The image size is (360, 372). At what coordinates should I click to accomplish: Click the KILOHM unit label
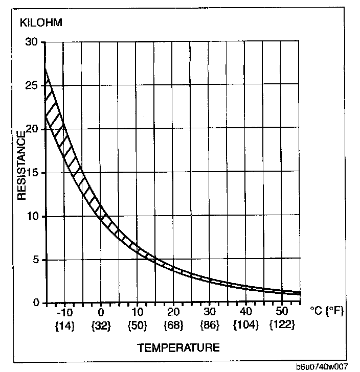point(41,23)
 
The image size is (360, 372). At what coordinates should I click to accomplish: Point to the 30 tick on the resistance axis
point(32,42)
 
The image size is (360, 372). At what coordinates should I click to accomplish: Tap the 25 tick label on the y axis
point(32,85)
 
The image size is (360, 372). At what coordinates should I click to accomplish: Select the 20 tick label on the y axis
point(32,129)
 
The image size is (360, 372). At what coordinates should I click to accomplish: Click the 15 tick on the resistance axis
point(32,173)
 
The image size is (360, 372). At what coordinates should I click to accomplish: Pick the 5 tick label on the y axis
point(35,260)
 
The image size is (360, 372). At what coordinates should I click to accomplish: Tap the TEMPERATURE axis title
point(178,348)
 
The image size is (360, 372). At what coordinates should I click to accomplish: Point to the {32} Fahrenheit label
point(101,325)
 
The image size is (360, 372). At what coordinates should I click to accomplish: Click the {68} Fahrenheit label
point(173,325)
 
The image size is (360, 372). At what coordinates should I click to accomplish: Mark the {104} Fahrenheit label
point(246,325)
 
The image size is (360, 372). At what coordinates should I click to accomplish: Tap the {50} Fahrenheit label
point(137,325)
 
